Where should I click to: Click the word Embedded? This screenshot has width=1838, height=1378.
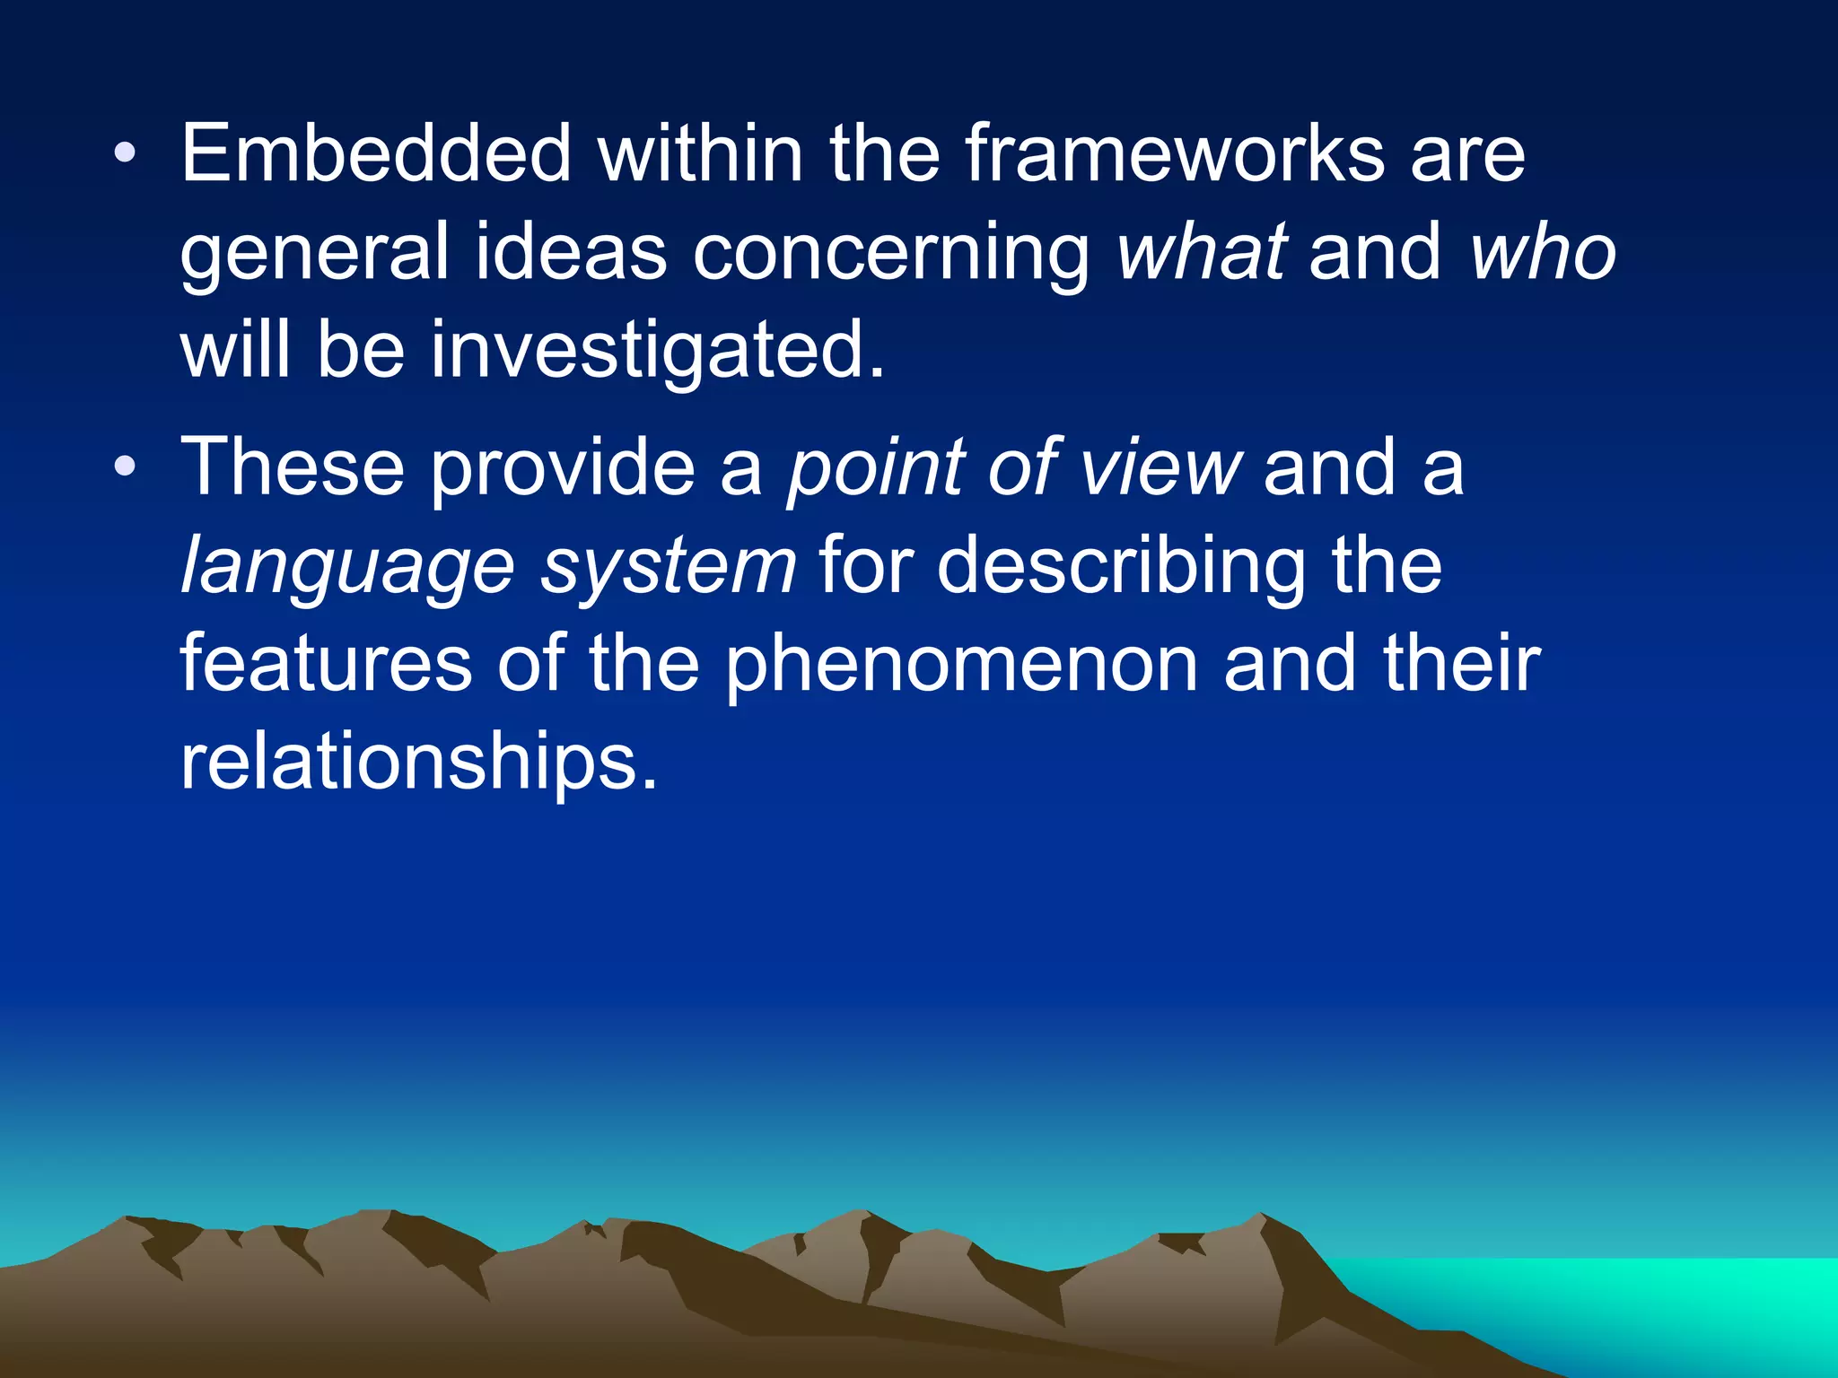376,154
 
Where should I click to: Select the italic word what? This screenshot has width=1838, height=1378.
1203,252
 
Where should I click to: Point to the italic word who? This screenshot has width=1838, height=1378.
1543,252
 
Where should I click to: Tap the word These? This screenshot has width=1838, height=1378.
293,467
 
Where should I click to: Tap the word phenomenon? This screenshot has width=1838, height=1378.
961,667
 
